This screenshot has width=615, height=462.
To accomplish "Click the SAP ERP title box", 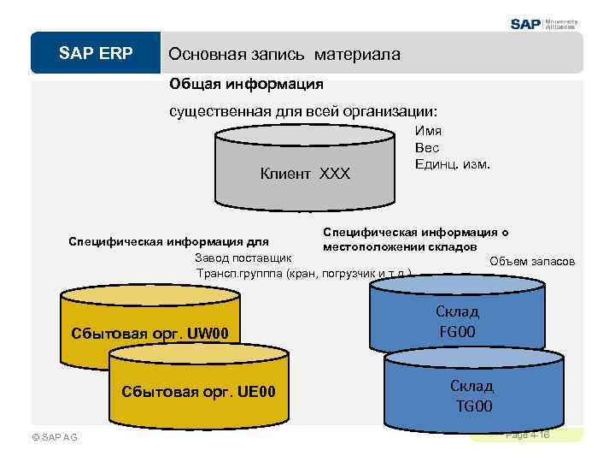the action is pyautogui.click(x=96, y=53).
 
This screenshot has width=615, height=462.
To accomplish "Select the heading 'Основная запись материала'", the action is pyautogui.click(x=284, y=54).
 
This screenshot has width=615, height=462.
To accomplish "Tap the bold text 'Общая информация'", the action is pyautogui.click(x=246, y=84).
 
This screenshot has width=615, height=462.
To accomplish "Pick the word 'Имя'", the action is pyautogui.click(x=427, y=131).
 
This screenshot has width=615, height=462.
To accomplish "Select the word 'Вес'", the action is pyautogui.click(x=427, y=147).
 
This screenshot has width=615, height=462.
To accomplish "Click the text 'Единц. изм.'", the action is pyautogui.click(x=453, y=163).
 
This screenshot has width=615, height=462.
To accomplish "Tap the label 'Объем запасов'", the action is pyautogui.click(x=532, y=261).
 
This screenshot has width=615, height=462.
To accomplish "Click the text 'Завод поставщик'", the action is pyautogui.click(x=243, y=257).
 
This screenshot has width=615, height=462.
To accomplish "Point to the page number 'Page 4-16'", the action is pyautogui.click(x=528, y=435).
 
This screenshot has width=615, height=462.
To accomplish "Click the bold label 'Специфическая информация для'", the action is pyautogui.click(x=169, y=240).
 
